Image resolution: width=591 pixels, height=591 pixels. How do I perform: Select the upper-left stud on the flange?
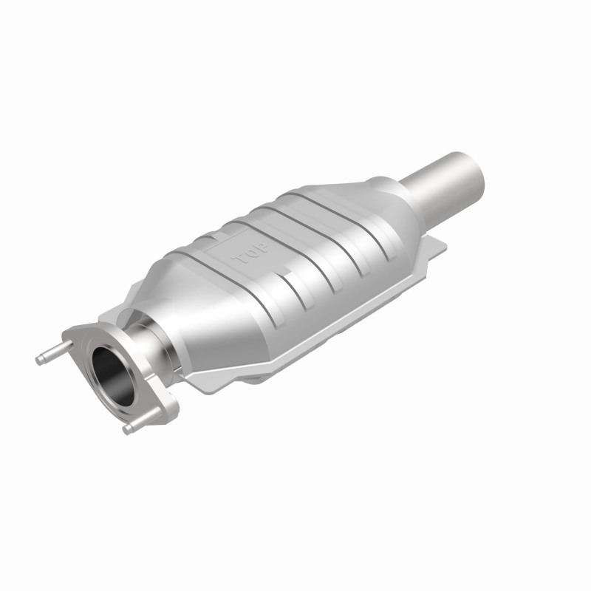click(x=54, y=352)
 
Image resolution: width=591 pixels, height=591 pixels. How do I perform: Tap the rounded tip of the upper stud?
click(x=39, y=360)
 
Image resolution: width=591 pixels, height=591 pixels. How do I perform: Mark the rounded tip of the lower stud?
click(x=128, y=429)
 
